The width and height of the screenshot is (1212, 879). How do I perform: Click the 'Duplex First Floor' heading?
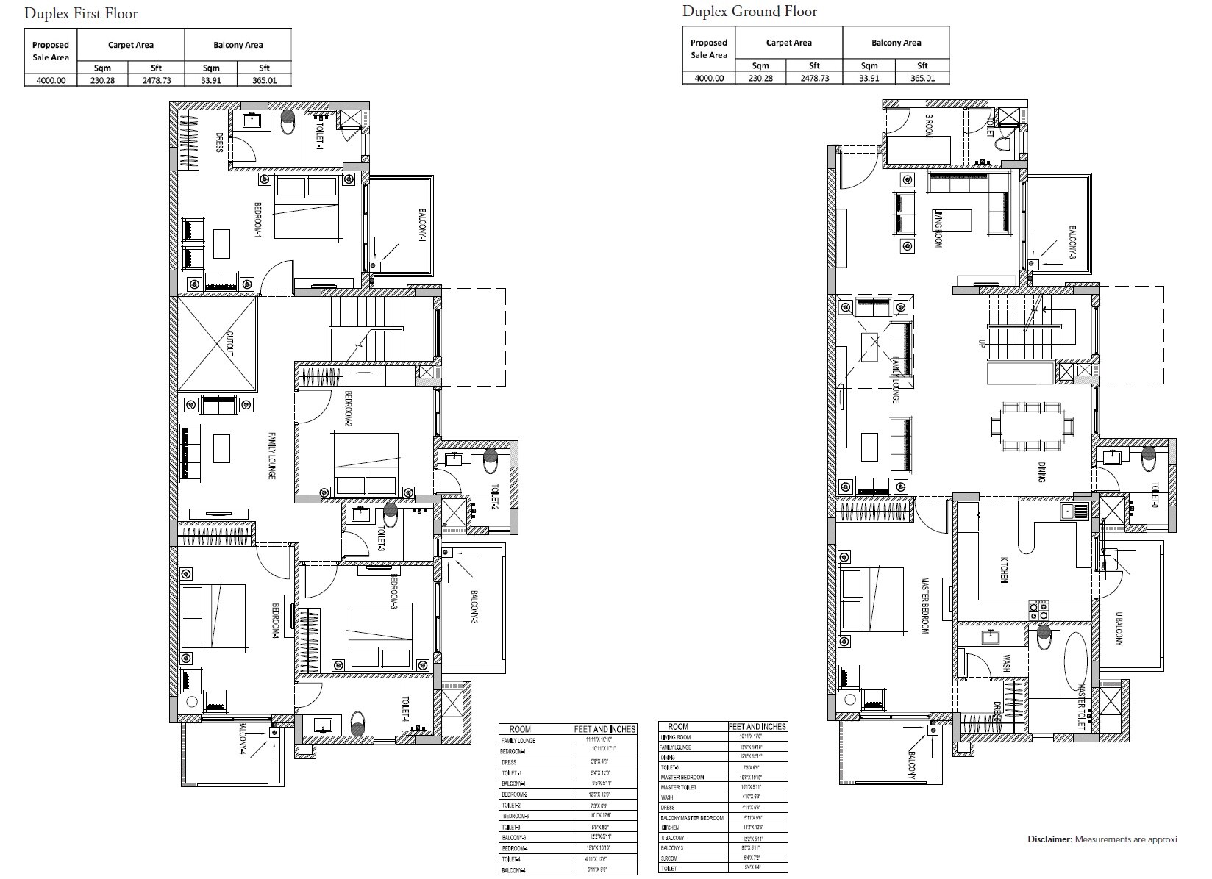pos(81,14)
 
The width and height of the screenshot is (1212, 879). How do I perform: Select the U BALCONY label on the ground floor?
pos(1119,629)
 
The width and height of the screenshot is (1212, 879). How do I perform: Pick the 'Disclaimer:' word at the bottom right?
pos(1049,839)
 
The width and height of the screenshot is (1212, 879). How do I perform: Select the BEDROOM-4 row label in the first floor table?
pos(514,848)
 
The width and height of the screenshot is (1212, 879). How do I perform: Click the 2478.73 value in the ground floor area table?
pos(814,78)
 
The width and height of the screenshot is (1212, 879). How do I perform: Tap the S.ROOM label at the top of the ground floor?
pos(929,124)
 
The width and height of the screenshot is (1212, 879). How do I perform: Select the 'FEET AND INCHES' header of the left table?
pos(604,729)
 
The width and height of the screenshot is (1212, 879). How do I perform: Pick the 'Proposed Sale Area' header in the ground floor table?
pos(708,49)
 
